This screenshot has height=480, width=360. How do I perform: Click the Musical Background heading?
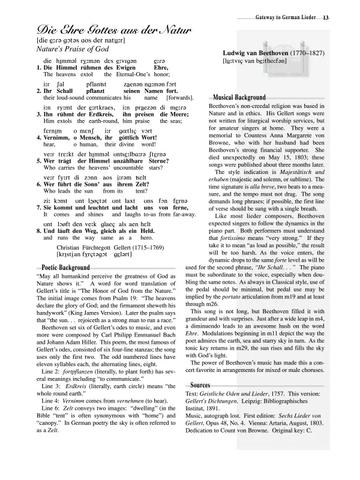click(239, 97)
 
